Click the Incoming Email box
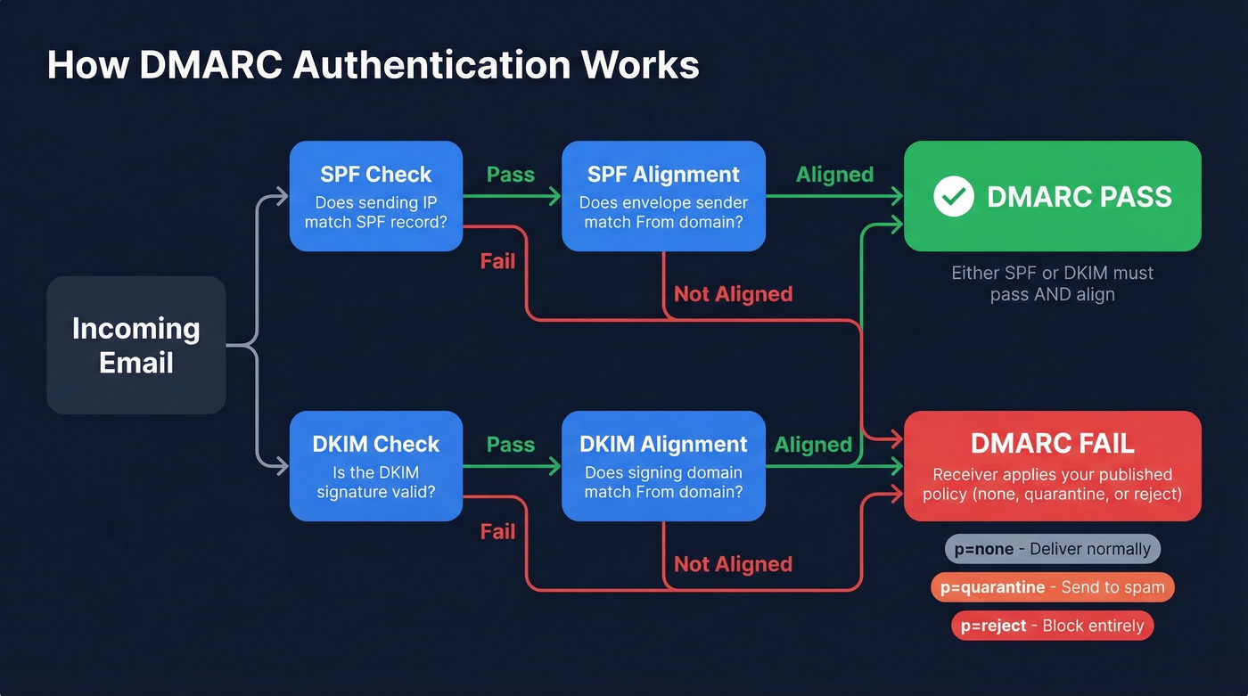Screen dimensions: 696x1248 click(x=135, y=345)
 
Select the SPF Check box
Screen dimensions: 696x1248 click(x=375, y=196)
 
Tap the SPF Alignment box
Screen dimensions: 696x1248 click(x=663, y=196)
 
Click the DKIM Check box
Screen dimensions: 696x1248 click(x=375, y=466)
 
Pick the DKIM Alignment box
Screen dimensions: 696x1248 click(x=663, y=466)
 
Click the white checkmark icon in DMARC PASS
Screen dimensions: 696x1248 click(x=953, y=196)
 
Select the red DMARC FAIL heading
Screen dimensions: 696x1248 click(x=1052, y=443)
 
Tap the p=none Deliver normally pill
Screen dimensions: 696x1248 click(x=1052, y=549)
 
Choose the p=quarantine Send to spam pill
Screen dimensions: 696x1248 click(x=1052, y=587)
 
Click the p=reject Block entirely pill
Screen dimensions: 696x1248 click(x=1052, y=626)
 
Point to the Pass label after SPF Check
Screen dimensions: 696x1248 click(x=511, y=175)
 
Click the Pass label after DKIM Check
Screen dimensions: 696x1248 click(x=511, y=445)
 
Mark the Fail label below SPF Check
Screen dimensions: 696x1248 click(x=497, y=262)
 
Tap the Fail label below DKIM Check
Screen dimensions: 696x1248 click(x=497, y=532)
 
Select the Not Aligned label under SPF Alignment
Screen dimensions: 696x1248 click(x=733, y=294)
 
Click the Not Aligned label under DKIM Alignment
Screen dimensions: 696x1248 click(x=733, y=564)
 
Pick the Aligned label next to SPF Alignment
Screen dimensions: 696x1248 click(x=834, y=175)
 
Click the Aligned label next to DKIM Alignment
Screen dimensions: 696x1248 click(x=813, y=445)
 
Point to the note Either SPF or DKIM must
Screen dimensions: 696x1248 click(x=1052, y=273)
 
